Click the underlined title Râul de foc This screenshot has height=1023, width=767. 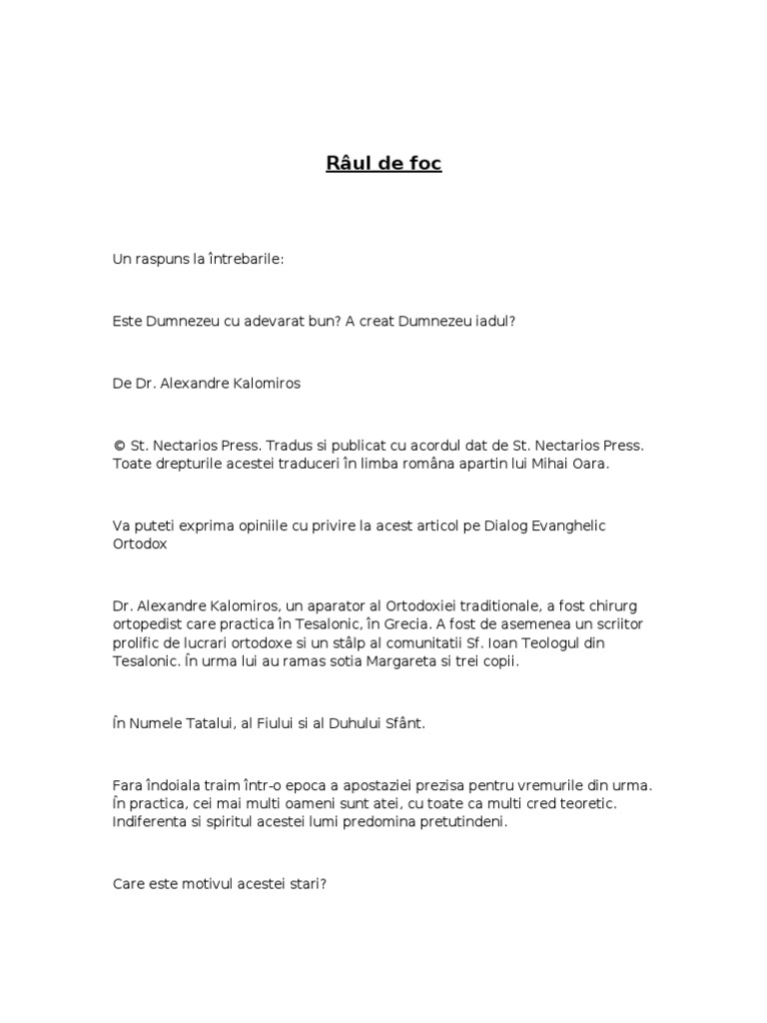[383, 164]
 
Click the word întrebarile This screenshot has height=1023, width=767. [246, 259]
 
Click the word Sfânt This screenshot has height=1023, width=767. [403, 723]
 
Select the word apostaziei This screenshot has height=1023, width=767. [376, 786]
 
